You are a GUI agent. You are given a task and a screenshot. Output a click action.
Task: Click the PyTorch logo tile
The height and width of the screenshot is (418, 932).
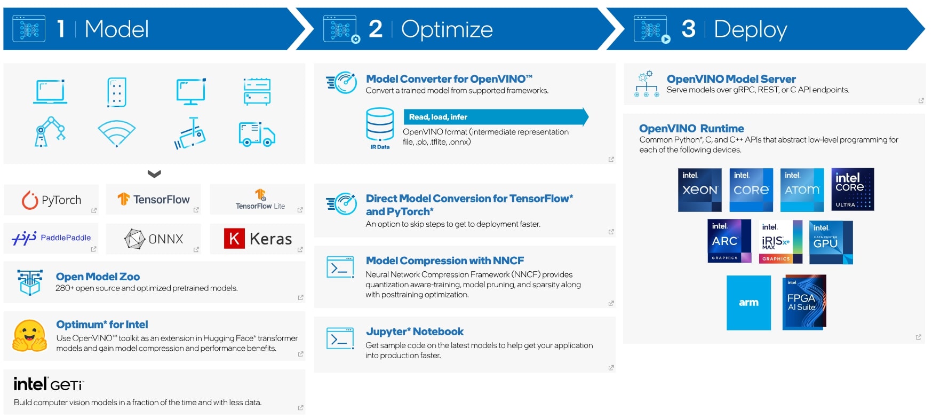(x=51, y=200)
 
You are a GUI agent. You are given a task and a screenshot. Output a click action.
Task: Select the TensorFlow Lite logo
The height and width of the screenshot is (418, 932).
(x=260, y=199)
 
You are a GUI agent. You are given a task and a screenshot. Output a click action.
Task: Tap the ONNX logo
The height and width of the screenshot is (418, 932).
(x=154, y=239)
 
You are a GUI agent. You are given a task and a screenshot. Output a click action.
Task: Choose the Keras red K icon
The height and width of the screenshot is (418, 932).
(x=234, y=239)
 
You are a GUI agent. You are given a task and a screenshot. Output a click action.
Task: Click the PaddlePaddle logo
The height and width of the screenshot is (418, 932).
(x=51, y=238)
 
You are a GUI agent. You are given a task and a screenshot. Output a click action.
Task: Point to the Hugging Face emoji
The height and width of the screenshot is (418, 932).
(x=30, y=336)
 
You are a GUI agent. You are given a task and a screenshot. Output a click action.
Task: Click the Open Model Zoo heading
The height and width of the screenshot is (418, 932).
(x=98, y=277)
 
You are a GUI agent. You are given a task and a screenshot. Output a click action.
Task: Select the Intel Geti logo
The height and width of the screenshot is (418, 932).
(x=49, y=384)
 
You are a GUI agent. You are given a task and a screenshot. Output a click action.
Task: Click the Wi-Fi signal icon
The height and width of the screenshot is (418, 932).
(x=117, y=133)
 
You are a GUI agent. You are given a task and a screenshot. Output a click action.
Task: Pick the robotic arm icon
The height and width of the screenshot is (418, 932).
(x=50, y=131)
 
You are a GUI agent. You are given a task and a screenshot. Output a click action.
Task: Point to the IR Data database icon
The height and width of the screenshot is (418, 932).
(x=380, y=124)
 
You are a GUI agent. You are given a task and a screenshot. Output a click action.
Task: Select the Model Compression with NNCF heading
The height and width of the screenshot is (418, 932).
(x=445, y=261)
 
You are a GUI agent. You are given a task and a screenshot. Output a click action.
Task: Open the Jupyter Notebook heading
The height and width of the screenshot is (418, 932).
(x=415, y=332)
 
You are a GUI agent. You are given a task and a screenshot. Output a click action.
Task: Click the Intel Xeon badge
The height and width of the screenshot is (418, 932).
(x=700, y=190)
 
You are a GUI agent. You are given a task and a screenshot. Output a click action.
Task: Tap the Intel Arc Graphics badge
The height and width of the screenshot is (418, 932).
(x=729, y=241)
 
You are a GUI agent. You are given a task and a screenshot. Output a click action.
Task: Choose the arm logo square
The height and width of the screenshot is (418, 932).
(x=748, y=303)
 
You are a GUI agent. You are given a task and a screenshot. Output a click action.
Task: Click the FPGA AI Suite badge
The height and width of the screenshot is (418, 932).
(x=804, y=302)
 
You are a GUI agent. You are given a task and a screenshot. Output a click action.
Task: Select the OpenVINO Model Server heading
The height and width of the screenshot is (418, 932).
(x=731, y=79)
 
